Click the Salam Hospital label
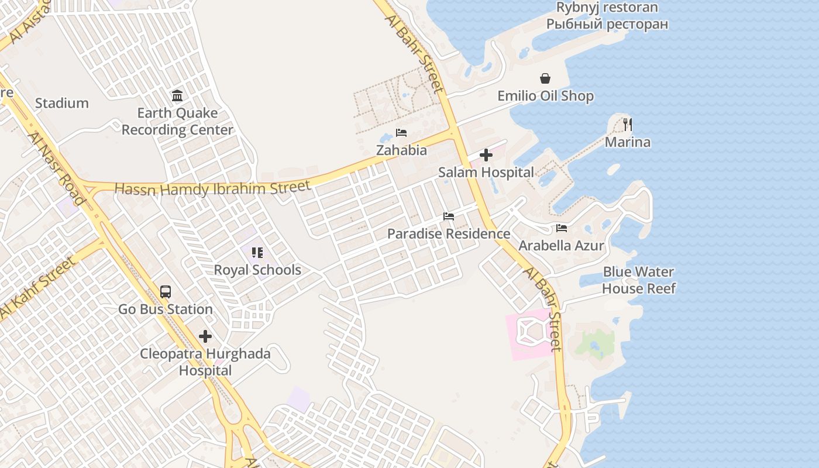tap(486, 172)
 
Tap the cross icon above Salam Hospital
tap(486, 155)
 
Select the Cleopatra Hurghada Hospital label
tap(205, 362)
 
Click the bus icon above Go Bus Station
tap(166, 291)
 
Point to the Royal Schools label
tap(257, 270)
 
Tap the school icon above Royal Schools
tap(257, 253)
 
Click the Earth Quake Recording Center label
tap(177, 121)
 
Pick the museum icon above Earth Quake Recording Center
tap(177, 95)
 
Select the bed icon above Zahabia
tap(401, 133)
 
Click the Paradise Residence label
tap(449, 233)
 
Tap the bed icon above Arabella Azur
tap(562, 228)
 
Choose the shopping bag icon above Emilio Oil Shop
tap(545, 78)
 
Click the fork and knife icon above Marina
tap(628, 124)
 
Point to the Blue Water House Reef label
tap(638, 280)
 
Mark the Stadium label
tap(62, 103)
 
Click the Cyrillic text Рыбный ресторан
tap(607, 24)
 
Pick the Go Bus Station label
tap(166, 309)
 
